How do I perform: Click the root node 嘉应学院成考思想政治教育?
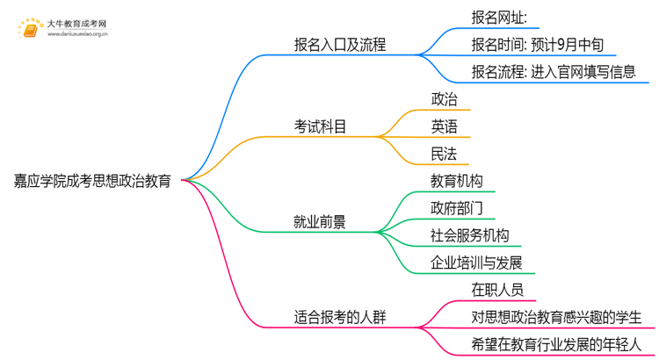click(92, 181)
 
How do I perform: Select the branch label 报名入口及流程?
click(340, 44)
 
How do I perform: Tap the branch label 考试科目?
click(320, 127)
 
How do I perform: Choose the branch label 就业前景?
click(320, 221)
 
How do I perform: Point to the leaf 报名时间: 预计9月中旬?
click(525, 44)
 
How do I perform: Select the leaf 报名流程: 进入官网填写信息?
click(540, 72)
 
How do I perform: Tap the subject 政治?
click(444, 99)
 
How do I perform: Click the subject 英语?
click(444, 127)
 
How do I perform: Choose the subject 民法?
click(444, 155)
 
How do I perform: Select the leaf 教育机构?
click(456, 182)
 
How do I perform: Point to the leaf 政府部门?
click(456, 209)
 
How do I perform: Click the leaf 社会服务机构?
click(469, 235)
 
